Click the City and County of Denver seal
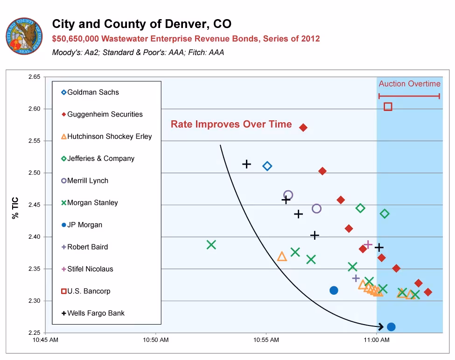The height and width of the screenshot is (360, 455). click(x=24, y=36)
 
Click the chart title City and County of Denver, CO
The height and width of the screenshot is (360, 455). click(x=141, y=24)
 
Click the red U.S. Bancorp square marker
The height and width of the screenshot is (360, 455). click(x=388, y=107)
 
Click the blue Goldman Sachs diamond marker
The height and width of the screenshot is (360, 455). click(x=267, y=166)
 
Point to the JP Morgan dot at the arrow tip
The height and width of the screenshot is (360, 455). click(x=391, y=327)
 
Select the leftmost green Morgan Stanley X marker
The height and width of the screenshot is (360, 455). click(x=211, y=244)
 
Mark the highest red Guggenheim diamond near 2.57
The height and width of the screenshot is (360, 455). click(x=303, y=127)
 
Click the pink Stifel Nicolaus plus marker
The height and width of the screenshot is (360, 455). click(x=368, y=244)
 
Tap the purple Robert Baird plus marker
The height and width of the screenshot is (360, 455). click(x=356, y=278)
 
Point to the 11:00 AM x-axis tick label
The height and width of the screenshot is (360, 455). click(x=377, y=340)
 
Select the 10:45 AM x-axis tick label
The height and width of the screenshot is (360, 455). click(x=45, y=340)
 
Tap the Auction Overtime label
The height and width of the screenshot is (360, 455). click(x=409, y=84)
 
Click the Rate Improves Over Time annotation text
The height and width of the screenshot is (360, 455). click(x=231, y=125)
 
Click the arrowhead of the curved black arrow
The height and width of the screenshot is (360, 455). click(x=381, y=327)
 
